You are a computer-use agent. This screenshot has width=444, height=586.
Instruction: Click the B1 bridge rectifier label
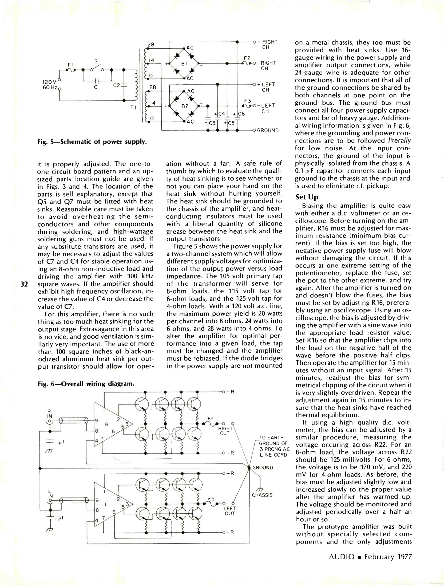(x=184, y=64)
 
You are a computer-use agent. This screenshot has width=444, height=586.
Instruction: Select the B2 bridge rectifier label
(x=185, y=106)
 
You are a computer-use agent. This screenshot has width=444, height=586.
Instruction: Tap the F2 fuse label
(x=247, y=58)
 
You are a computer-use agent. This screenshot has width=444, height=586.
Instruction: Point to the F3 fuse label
(x=248, y=101)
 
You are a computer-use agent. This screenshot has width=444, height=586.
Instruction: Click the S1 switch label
(x=97, y=61)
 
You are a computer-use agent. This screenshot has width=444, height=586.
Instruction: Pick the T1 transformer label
(x=133, y=107)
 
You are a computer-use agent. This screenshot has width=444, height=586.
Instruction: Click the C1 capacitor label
(x=97, y=88)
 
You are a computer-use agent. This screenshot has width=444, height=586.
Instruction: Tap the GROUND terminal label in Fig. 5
(x=268, y=131)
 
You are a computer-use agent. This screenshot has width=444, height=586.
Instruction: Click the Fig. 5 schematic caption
(x=92, y=141)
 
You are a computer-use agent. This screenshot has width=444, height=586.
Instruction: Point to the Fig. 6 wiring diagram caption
(x=86, y=384)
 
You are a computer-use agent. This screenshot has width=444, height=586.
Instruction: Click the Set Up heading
(x=307, y=197)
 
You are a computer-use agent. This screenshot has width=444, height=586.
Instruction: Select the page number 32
(x=24, y=284)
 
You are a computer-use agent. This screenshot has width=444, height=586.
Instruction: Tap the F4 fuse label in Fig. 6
(x=211, y=418)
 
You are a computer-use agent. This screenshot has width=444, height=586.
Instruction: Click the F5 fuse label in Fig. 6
(x=211, y=498)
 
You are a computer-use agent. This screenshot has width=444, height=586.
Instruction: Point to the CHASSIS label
(x=262, y=495)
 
